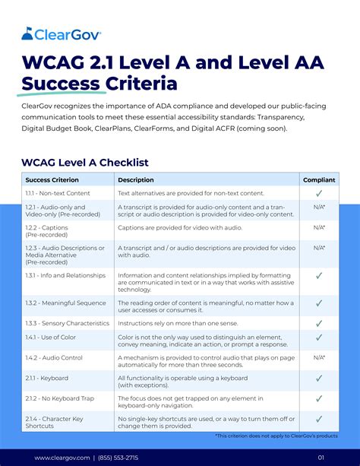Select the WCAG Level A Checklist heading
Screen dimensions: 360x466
(85, 162)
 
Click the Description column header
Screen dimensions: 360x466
(136, 180)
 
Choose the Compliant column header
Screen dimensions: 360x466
(319, 180)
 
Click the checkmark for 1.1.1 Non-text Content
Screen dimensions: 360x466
(319, 194)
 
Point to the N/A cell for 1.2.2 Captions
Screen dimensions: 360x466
(320, 228)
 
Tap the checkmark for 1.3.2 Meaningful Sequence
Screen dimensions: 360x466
(319, 303)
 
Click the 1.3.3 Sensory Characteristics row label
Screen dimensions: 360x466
(67, 323)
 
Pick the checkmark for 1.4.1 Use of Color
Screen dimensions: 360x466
(319, 337)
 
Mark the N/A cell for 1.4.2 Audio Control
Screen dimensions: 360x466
(320, 357)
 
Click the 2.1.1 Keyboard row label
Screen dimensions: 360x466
(47, 378)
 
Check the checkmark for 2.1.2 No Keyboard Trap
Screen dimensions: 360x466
(319, 398)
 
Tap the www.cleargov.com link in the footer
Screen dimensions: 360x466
(62, 457)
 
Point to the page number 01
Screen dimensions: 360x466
(321, 457)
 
